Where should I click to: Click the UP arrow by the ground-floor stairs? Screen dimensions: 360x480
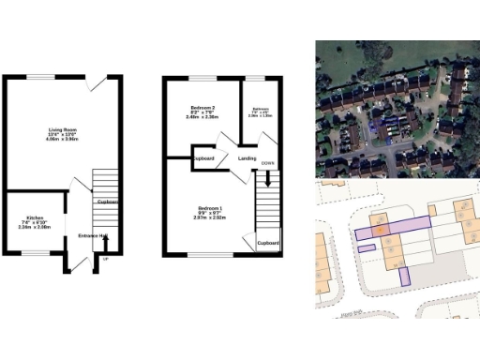tap(106, 259)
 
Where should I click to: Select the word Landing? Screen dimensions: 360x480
tap(247, 158)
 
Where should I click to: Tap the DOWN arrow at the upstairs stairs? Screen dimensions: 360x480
tap(268, 164)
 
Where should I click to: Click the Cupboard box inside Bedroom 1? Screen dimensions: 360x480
tap(268, 241)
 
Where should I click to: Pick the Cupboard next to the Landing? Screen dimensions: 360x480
tap(204, 158)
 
